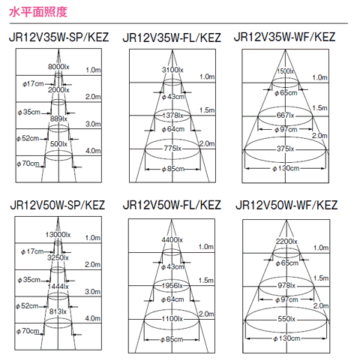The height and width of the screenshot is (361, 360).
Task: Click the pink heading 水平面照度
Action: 38,12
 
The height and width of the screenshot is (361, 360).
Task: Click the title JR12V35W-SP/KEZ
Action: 59,37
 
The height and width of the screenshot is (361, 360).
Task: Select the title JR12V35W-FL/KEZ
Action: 172,38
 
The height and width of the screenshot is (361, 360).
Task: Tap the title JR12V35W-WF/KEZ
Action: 284,37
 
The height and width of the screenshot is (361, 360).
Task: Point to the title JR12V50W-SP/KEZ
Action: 58,205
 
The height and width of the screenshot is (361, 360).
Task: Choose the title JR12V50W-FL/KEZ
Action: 172,205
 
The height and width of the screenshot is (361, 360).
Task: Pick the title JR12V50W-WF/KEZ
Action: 286,205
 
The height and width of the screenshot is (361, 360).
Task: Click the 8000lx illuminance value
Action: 58,67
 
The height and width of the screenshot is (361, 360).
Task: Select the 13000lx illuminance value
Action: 58,235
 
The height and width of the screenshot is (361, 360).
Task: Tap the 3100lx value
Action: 172,70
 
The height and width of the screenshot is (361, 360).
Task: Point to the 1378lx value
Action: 172,116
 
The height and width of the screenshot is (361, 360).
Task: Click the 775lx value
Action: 172,149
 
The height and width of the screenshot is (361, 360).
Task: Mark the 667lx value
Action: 286,116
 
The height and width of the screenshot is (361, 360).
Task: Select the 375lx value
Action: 286,149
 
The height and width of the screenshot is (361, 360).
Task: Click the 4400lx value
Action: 172,240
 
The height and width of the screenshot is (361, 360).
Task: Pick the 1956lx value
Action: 172,285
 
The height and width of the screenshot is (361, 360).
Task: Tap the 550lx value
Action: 286,319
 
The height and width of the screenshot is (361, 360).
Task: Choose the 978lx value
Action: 286,285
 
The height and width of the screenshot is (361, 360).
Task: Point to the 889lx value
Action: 58,119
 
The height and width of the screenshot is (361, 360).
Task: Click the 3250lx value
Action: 58,257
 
